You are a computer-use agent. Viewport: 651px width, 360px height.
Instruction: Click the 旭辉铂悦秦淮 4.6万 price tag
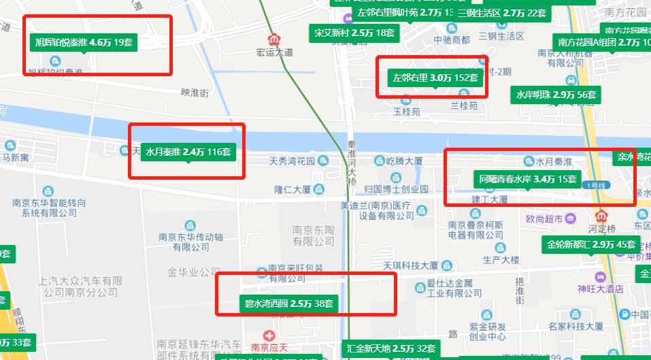[x=84, y=42]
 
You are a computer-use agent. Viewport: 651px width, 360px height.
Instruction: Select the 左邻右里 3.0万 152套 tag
[x=436, y=78]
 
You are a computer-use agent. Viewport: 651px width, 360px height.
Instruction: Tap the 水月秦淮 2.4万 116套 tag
[x=188, y=152]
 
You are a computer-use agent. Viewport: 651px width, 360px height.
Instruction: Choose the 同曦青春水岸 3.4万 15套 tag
[x=528, y=180]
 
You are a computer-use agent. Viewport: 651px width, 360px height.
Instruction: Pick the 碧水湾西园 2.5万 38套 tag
[x=288, y=304]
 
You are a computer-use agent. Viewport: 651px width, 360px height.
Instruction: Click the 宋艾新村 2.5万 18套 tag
[x=354, y=33]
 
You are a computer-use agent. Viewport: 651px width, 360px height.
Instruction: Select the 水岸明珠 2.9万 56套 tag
[x=555, y=95]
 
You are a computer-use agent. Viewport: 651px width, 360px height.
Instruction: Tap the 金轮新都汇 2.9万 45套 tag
[x=590, y=244]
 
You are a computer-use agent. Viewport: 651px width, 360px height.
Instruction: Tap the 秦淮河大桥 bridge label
[x=352, y=162]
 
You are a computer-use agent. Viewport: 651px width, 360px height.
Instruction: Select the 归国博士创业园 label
[x=397, y=189]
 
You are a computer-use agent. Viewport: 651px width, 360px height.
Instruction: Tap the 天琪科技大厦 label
[x=411, y=265]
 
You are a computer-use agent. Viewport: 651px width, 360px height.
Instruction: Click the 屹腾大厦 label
[x=404, y=161]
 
